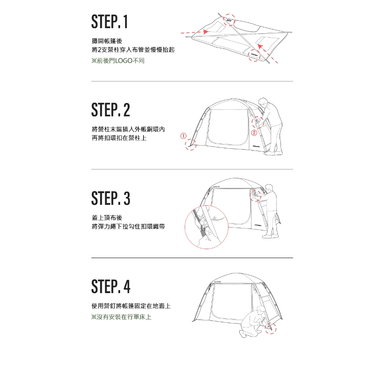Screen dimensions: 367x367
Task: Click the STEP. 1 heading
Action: pyautogui.click(x=109, y=22)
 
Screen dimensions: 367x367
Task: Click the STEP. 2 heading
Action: pyautogui.click(x=111, y=110)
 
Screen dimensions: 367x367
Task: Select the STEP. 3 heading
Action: pyautogui.click(x=111, y=198)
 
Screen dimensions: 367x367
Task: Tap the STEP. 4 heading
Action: pyautogui.click(x=111, y=286)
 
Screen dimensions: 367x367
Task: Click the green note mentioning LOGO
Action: pyautogui.click(x=118, y=60)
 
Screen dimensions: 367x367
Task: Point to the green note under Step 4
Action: pyautogui.click(x=121, y=317)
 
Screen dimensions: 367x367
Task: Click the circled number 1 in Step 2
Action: pyautogui.click(x=184, y=136)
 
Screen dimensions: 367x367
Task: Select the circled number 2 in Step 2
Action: pyautogui.click(x=254, y=133)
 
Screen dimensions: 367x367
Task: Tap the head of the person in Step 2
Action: pyautogui.click(x=263, y=102)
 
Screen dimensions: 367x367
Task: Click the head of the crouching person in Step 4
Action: pyautogui.click(x=260, y=310)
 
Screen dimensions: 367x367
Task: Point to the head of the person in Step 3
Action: pyautogui.click(x=270, y=188)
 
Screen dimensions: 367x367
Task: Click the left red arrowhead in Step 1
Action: pyautogui.click(x=206, y=31)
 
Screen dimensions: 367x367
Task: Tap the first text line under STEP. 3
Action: pyautogui.click(x=107, y=218)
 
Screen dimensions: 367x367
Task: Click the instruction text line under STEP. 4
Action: pyautogui.click(x=131, y=306)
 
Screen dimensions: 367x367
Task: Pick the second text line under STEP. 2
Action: pyautogui.click(x=119, y=138)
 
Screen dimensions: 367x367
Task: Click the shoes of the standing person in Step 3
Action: pyautogui.click(x=270, y=236)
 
